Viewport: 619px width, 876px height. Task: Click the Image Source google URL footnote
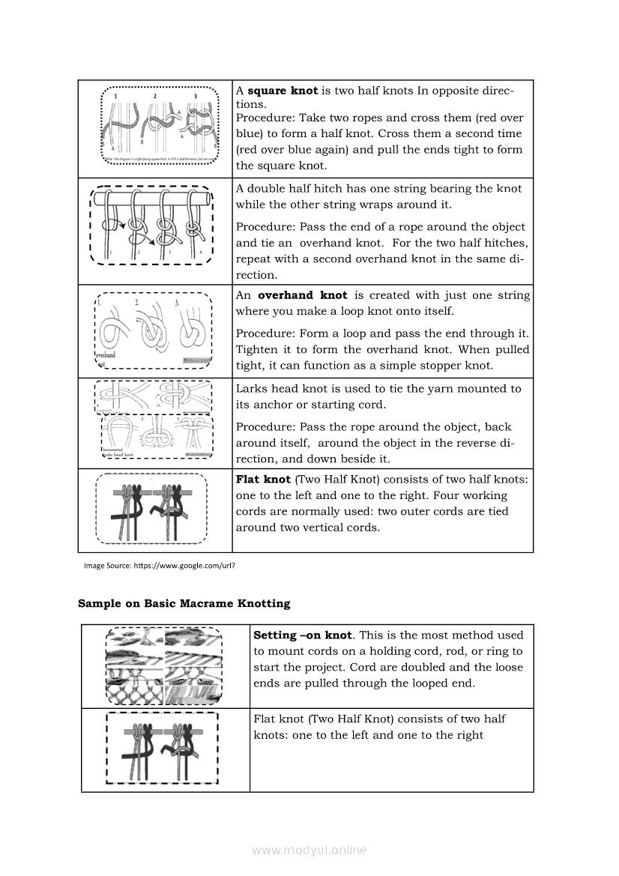click(160, 566)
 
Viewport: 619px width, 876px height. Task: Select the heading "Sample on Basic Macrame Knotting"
click(184, 603)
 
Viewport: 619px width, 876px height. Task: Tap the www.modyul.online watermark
click(309, 850)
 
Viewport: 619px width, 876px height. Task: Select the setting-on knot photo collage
click(164, 665)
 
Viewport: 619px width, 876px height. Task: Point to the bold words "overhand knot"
click(303, 295)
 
